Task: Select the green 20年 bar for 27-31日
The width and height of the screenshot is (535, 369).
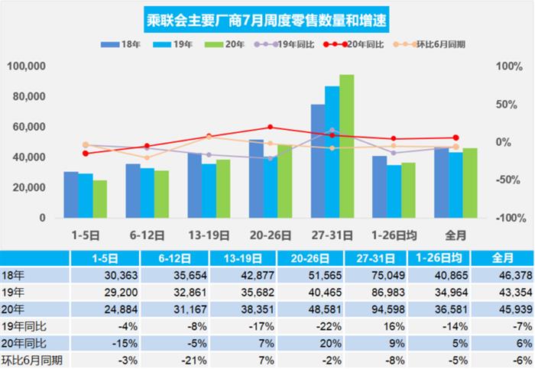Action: tap(346, 146)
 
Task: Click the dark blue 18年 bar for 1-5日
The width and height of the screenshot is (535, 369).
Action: tap(71, 195)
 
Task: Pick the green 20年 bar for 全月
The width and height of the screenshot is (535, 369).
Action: tap(470, 183)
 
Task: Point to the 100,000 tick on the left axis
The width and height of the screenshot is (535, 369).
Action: tap(27, 66)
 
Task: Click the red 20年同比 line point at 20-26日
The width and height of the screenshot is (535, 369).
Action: tap(270, 128)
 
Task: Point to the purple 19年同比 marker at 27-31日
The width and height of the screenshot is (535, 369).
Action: tap(331, 131)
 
